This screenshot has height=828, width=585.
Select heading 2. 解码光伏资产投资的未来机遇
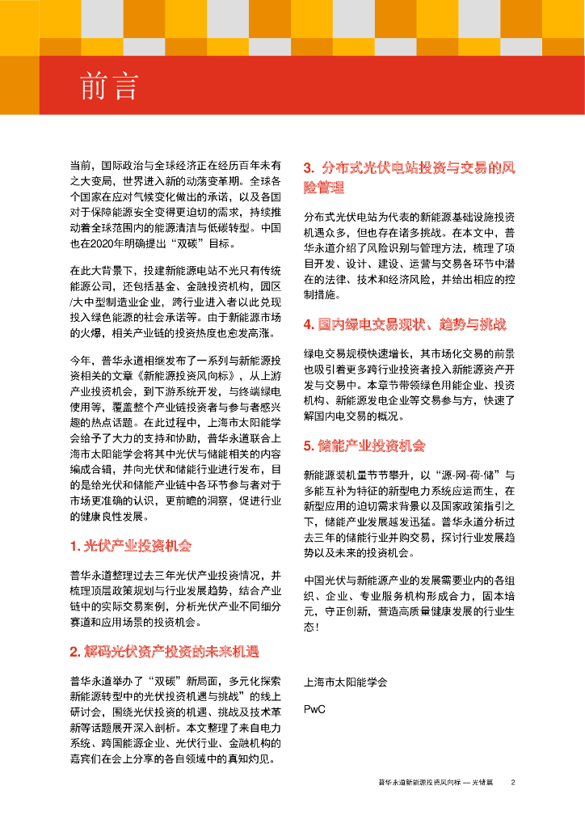tap(165, 652)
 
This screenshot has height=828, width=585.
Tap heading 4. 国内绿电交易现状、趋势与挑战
tap(405, 325)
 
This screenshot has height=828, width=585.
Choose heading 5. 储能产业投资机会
tap(365, 446)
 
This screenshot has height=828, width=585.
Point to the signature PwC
tap(314, 709)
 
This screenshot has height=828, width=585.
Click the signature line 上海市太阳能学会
tap(346, 682)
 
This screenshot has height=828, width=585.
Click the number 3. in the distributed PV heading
tap(309, 169)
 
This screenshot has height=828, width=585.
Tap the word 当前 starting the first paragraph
tap(80, 165)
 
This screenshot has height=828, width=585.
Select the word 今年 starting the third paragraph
tap(80, 361)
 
